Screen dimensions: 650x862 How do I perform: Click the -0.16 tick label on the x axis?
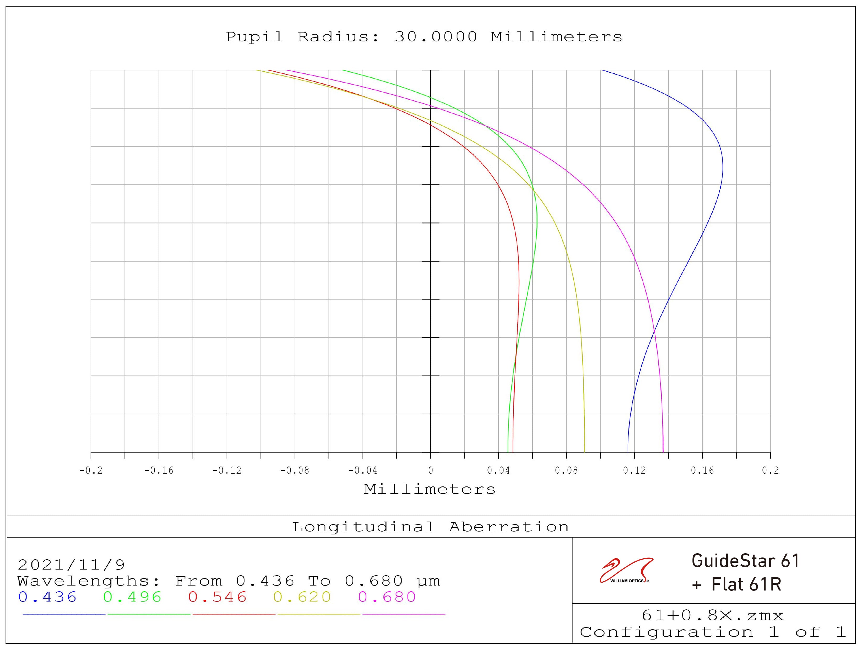(x=159, y=471)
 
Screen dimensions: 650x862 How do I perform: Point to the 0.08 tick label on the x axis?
(x=566, y=471)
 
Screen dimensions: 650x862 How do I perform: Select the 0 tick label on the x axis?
(x=431, y=471)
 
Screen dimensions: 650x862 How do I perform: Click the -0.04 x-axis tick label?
(x=362, y=471)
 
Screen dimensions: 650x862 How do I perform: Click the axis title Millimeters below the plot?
(x=430, y=489)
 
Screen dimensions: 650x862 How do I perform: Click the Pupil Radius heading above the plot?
(x=424, y=37)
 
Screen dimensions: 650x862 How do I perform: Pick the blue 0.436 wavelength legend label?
(x=47, y=597)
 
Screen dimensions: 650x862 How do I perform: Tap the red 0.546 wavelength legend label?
(x=218, y=597)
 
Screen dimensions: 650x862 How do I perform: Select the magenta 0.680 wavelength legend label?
(x=387, y=597)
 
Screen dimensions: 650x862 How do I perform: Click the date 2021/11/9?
(x=71, y=565)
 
